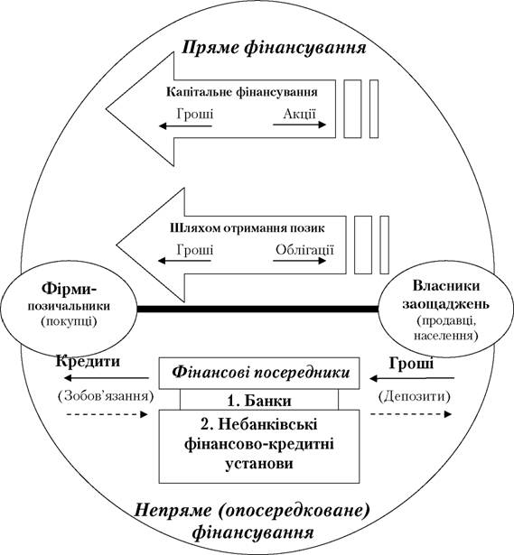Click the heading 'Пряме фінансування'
click(x=274, y=48)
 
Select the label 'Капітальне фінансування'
click(x=242, y=92)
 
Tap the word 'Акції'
click(x=299, y=114)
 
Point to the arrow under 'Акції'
click(x=299, y=125)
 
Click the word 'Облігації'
click(x=304, y=250)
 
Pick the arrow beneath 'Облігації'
click(x=299, y=261)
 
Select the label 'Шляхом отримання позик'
click(x=247, y=227)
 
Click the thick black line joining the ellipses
click(x=257, y=310)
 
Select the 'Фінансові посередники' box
click(x=259, y=373)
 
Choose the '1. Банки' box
click(x=259, y=400)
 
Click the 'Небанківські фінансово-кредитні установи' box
click(x=259, y=447)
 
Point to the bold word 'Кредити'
click(x=88, y=361)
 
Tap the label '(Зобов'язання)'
click(x=106, y=396)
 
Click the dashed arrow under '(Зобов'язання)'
click(x=107, y=414)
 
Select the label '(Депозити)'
click(x=414, y=396)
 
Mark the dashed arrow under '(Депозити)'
click(x=411, y=414)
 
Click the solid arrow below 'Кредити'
click(x=107, y=378)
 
